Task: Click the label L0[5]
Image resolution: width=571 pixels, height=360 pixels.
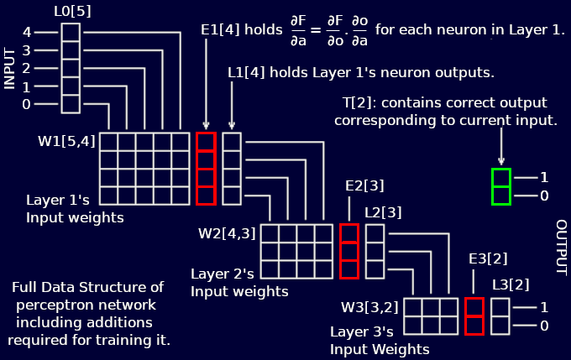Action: click(x=71, y=10)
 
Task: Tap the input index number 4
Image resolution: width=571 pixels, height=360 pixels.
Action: click(x=26, y=32)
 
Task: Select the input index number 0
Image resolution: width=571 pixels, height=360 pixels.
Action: click(x=26, y=104)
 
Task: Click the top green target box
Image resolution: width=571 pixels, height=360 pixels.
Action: click(x=501, y=178)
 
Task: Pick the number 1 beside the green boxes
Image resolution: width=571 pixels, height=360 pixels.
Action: click(x=544, y=178)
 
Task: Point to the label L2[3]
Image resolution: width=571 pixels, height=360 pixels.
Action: click(x=383, y=212)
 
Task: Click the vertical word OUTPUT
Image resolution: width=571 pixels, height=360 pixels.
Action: click(x=561, y=248)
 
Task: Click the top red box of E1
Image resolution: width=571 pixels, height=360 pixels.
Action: click(x=206, y=142)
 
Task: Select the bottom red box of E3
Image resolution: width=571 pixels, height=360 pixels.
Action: click(x=474, y=326)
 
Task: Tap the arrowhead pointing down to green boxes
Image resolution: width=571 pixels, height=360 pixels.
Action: click(x=501, y=162)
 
